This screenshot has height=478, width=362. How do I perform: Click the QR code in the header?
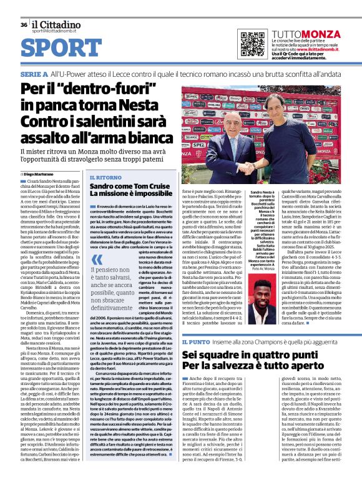click(x=248, y=42)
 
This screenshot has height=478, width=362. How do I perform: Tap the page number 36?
click(x=23, y=24)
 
